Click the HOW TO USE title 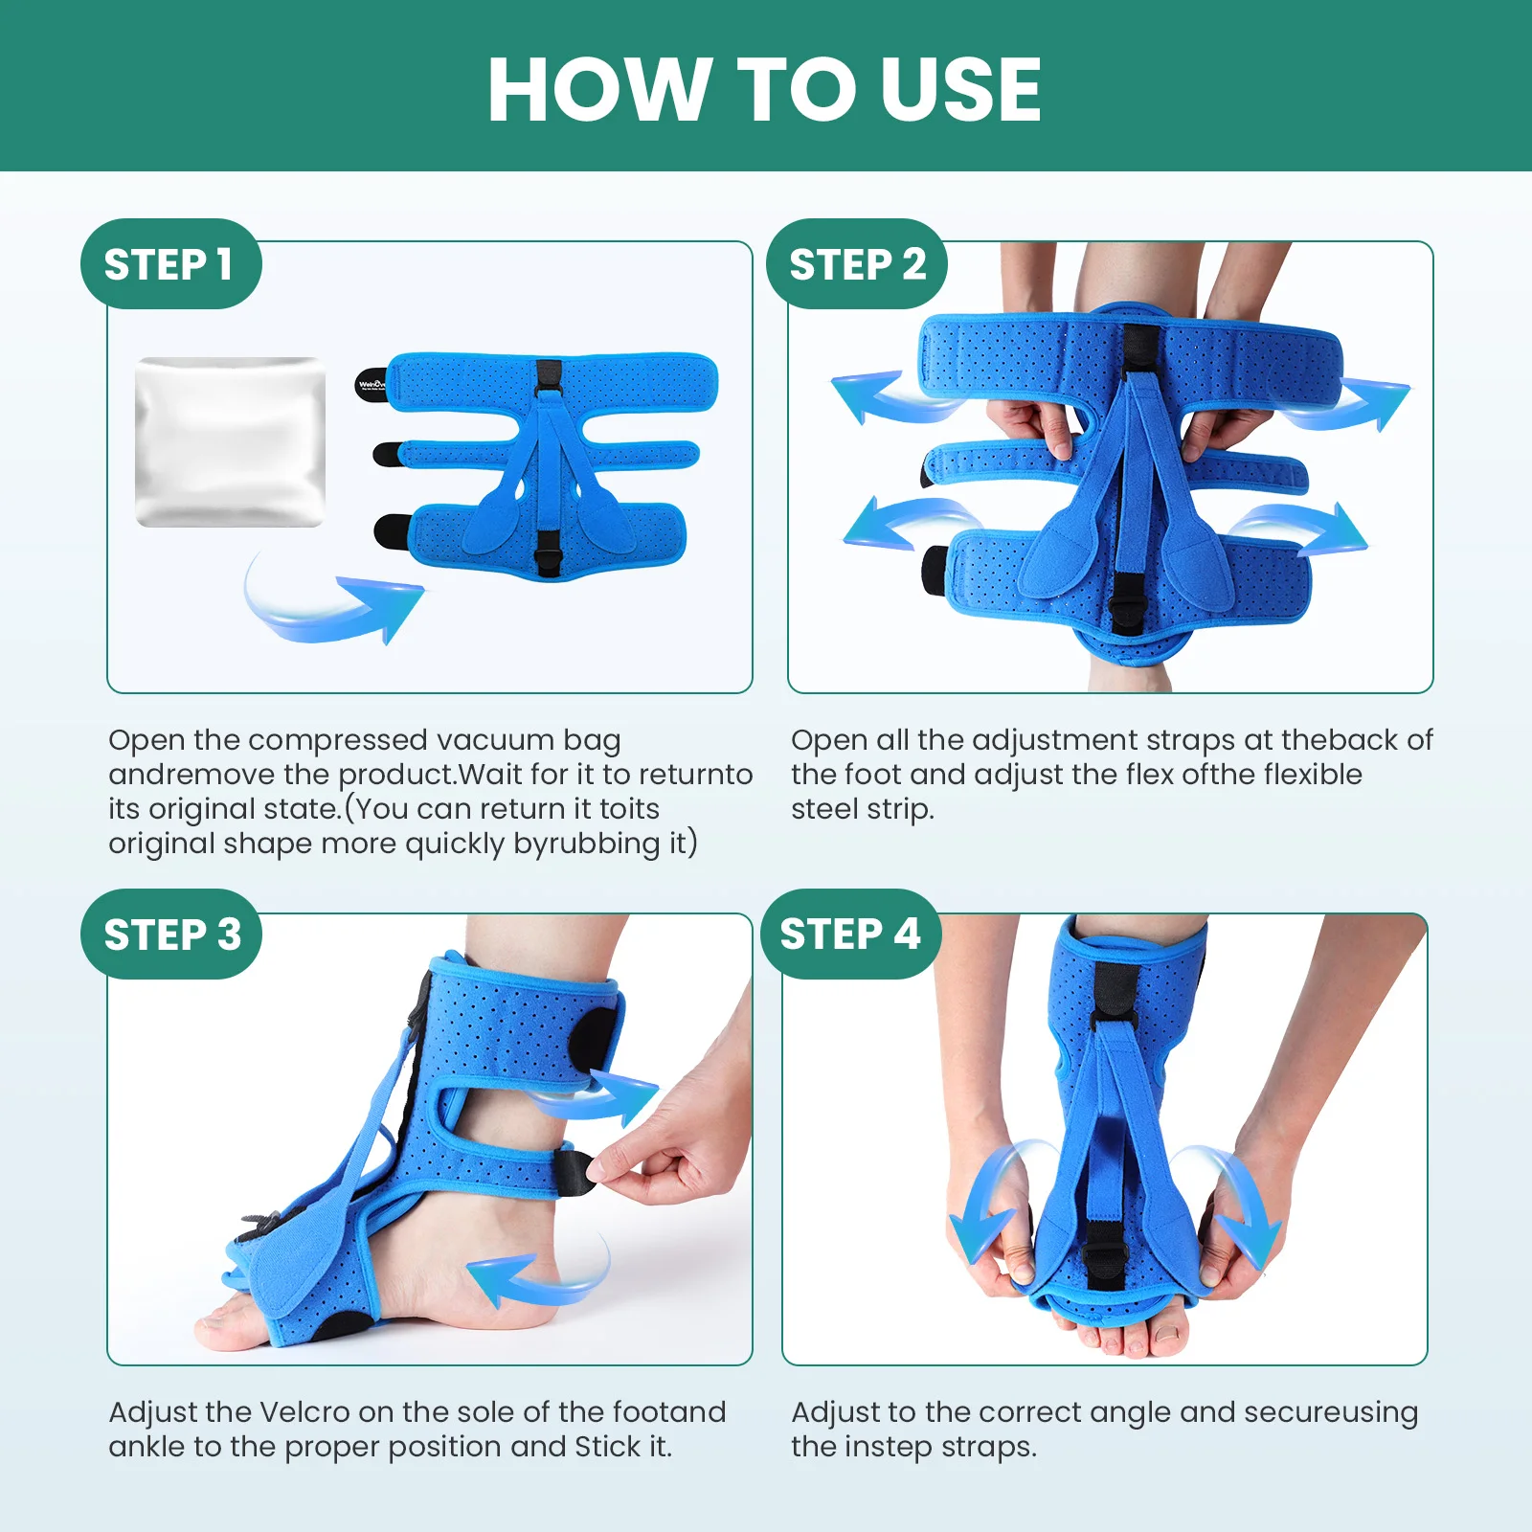click(764, 89)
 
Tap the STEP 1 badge click(169, 264)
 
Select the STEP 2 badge click(857, 264)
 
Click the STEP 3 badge click(171, 935)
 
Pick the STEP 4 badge click(850, 934)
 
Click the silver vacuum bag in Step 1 click(230, 441)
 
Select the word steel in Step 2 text click(823, 809)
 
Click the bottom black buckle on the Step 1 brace click(549, 553)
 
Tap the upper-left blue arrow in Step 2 click(876, 394)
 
